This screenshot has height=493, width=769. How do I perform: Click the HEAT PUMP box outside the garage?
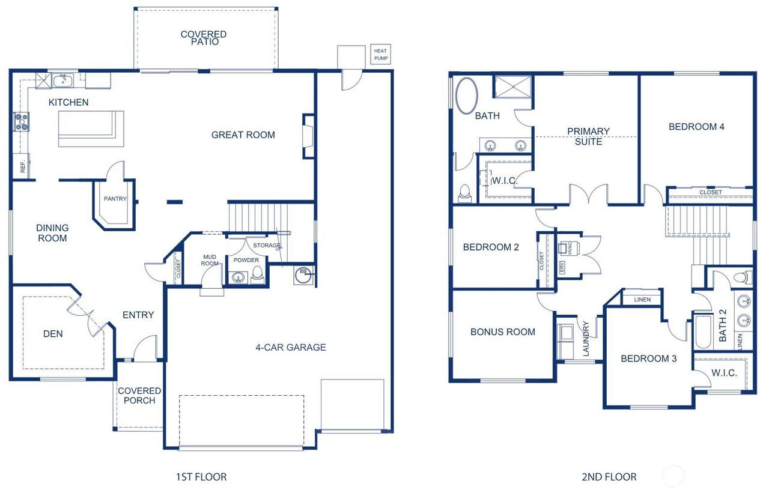coord(380,54)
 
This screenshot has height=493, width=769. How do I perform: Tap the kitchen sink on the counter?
coord(62,81)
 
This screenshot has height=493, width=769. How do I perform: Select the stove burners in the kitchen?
coord(21,122)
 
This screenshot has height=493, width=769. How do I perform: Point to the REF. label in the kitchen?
coord(23,166)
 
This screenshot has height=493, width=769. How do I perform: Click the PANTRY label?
coord(115,199)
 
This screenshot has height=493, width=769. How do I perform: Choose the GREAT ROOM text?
coord(243,135)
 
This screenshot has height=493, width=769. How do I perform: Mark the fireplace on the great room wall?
coord(308,136)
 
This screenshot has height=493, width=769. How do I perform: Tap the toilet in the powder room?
coord(257,275)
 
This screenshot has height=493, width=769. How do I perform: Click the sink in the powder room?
coord(238,276)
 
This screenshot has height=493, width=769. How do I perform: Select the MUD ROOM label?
coord(210,260)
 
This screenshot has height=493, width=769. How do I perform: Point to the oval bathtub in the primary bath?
coord(467,95)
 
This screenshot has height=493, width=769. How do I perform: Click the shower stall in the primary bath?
coord(512,87)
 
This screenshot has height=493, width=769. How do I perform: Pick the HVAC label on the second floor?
coord(570,248)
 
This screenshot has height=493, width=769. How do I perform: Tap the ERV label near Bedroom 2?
coord(562,267)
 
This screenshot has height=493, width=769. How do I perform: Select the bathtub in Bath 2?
coord(704,331)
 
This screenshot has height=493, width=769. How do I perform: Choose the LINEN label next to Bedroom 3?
coord(642,300)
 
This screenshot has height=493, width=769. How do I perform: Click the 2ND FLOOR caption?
coord(609,477)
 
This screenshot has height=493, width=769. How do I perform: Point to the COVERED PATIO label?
coord(204,38)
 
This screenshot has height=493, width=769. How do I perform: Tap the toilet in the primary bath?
coord(464,193)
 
